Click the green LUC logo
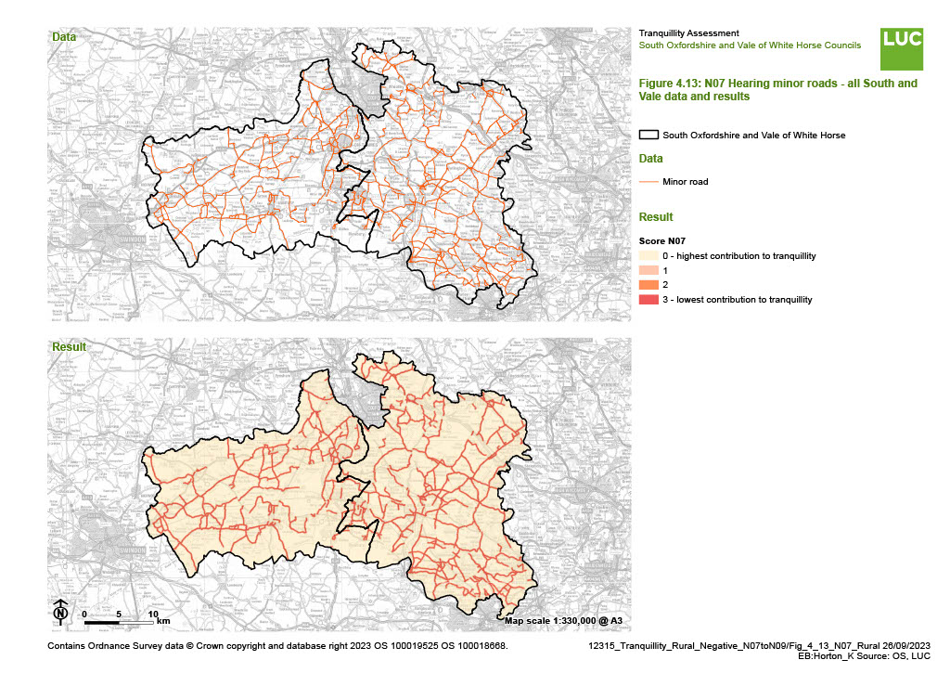point(902,48)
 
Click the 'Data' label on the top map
point(64,37)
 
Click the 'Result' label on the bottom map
point(68,347)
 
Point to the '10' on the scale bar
point(152,614)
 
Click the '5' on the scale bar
point(119,614)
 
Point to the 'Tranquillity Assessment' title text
point(688,33)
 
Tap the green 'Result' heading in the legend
point(656,216)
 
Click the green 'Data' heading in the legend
point(651,159)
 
